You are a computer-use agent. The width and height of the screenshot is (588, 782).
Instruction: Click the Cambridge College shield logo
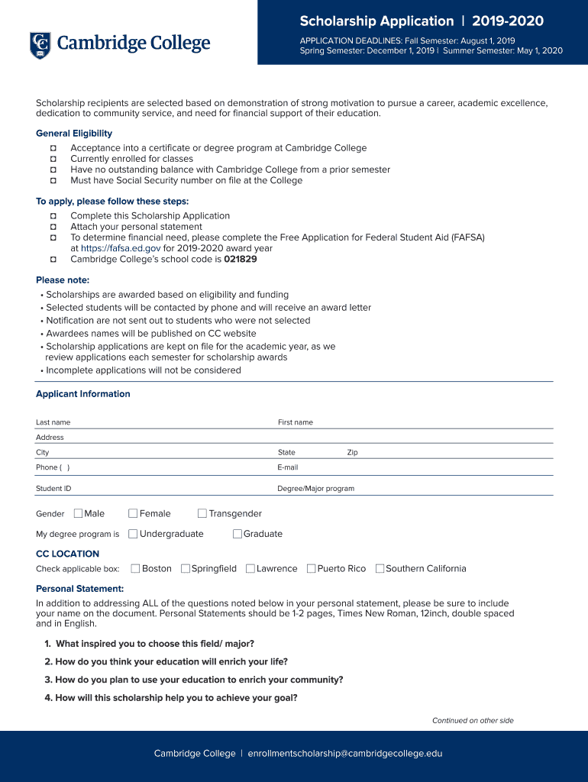[40, 45]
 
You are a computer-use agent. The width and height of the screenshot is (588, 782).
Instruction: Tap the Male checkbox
[78, 513]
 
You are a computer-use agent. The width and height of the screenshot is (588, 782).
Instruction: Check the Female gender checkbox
[133, 513]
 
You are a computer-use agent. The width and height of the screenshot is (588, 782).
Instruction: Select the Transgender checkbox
[202, 513]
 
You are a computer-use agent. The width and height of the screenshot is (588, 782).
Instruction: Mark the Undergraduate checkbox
[133, 534]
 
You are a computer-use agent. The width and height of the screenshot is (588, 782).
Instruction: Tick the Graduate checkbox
[237, 534]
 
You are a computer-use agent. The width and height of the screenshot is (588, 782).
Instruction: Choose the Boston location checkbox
[135, 568]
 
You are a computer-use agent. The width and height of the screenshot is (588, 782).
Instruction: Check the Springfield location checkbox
[186, 568]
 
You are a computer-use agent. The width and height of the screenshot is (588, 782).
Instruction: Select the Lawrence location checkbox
[250, 568]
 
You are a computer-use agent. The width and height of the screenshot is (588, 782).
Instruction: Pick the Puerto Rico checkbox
[311, 568]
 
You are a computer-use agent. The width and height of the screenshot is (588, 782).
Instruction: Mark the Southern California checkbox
[380, 568]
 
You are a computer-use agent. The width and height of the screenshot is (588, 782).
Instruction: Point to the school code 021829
[240, 259]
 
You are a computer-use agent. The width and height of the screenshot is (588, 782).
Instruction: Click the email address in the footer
[344, 753]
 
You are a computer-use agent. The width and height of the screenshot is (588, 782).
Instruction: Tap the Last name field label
[53, 422]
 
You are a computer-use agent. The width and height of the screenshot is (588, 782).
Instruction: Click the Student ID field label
[53, 488]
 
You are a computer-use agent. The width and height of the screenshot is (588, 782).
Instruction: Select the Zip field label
[352, 452]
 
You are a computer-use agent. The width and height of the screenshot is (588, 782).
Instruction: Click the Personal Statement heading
[79, 589]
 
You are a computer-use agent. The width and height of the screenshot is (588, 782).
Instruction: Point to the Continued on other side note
[473, 720]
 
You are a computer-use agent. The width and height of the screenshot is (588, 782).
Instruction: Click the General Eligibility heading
[74, 134]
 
